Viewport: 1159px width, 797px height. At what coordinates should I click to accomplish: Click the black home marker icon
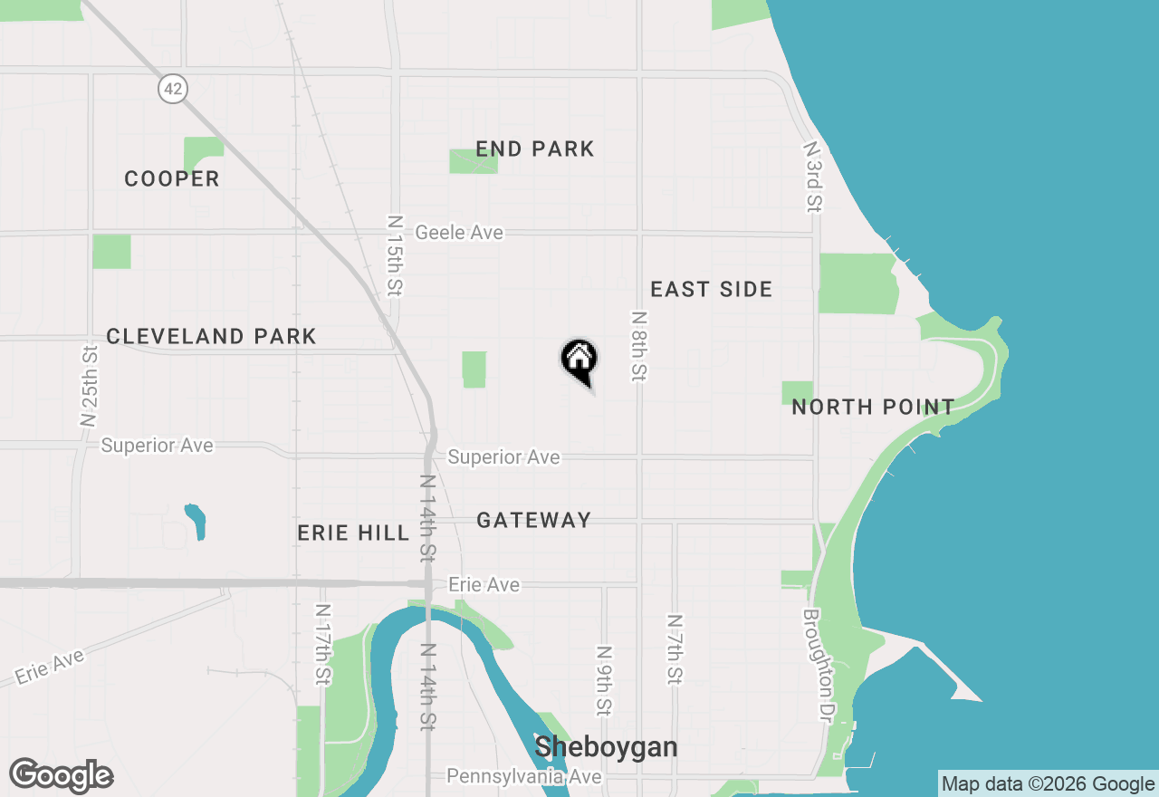point(579,360)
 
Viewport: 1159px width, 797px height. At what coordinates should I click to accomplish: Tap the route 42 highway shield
point(171,88)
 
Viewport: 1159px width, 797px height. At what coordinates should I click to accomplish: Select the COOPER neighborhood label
point(172,178)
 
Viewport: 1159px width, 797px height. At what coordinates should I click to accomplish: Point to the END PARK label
point(535,149)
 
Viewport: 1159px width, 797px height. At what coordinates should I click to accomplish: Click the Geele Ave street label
point(458,233)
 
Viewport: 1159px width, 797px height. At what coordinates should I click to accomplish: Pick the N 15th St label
point(394,255)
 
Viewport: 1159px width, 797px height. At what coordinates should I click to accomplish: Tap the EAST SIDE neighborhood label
point(712,289)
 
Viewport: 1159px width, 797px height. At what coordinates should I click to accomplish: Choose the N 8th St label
point(639,346)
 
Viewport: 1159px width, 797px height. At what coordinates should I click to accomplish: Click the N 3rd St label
point(812,177)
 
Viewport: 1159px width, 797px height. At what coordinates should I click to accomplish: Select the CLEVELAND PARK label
point(211,336)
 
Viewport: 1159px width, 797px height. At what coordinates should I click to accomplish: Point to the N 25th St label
point(89,385)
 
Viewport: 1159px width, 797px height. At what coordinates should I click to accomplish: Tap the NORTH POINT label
point(873,407)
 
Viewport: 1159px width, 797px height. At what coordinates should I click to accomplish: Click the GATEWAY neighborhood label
point(534,520)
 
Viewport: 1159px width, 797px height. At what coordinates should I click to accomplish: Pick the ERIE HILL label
point(354,533)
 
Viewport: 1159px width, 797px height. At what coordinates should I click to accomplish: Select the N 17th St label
point(322,645)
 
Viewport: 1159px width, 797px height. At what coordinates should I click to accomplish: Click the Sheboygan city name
point(606,747)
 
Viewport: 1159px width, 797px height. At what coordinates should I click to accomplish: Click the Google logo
point(62,775)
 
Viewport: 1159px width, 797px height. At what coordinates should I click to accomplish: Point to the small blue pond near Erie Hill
point(195,521)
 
